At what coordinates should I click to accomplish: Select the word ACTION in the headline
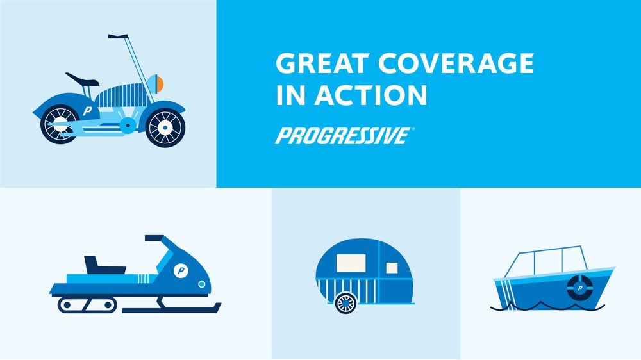370,95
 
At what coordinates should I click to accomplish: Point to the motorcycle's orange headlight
160,84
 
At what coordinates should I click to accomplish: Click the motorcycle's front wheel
165,127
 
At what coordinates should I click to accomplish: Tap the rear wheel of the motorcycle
60,124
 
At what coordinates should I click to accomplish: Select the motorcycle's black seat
82,79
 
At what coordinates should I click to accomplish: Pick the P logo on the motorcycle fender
88,110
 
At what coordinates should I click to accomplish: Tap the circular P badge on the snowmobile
181,270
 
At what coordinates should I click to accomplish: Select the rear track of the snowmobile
87,305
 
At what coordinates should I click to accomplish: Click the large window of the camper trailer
351,263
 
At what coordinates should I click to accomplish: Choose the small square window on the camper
392,268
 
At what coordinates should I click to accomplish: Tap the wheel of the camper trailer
346,303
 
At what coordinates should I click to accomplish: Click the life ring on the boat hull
579,288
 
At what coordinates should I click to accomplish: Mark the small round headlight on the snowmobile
201,284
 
